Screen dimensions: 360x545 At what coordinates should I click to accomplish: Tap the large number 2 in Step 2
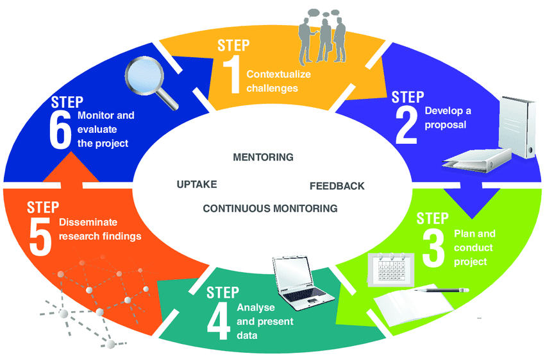click(407, 125)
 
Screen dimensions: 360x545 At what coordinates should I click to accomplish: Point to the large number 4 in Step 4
click(218, 322)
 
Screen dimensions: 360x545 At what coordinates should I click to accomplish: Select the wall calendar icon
click(389, 268)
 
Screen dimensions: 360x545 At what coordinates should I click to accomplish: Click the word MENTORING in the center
click(263, 157)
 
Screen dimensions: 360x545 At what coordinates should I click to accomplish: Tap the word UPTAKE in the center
click(197, 184)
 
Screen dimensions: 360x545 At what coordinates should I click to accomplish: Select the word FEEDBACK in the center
click(337, 186)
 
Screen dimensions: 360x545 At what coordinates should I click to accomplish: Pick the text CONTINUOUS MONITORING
click(270, 208)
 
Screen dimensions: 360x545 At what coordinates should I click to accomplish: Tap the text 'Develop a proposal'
click(448, 117)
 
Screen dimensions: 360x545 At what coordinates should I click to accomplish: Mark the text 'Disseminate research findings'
click(100, 229)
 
